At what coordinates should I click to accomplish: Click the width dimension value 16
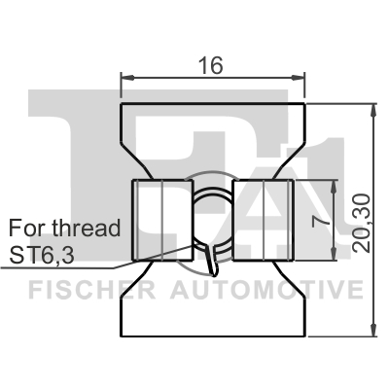click(x=211, y=65)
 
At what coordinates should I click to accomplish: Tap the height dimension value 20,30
click(x=362, y=223)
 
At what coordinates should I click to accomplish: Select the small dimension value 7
click(x=321, y=221)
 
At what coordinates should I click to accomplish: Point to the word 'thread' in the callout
click(x=87, y=228)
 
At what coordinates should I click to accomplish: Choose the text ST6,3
click(x=42, y=255)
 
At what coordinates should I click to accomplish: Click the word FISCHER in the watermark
click(x=92, y=290)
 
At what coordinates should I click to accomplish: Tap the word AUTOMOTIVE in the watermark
click(x=266, y=290)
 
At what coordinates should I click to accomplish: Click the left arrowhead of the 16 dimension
click(x=127, y=78)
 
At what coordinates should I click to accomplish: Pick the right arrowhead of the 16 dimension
click(x=299, y=78)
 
